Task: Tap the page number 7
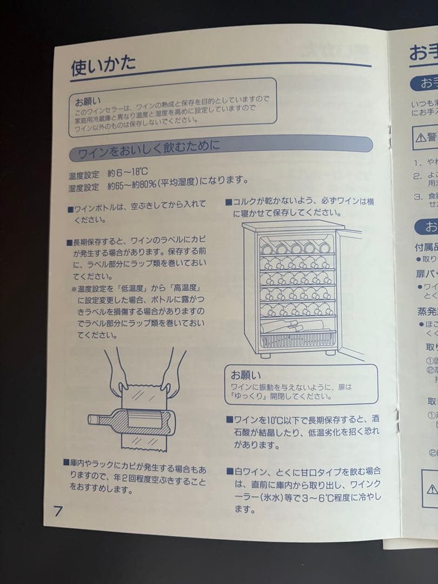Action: [58, 510]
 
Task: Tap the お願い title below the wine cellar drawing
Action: [245, 374]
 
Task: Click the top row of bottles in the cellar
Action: [296, 248]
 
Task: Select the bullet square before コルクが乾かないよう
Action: [229, 203]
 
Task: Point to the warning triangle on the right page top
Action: [421, 137]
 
